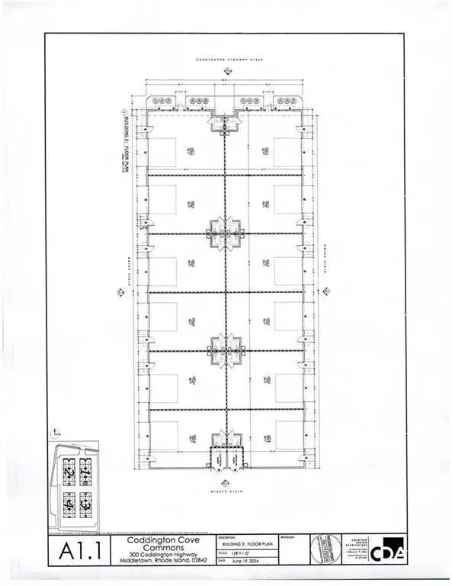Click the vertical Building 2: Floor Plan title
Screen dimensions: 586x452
point(119,143)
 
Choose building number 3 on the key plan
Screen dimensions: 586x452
point(85,504)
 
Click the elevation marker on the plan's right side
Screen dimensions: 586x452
point(325,291)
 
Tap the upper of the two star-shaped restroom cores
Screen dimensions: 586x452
point(225,233)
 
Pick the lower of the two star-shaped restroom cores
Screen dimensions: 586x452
point(225,349)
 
